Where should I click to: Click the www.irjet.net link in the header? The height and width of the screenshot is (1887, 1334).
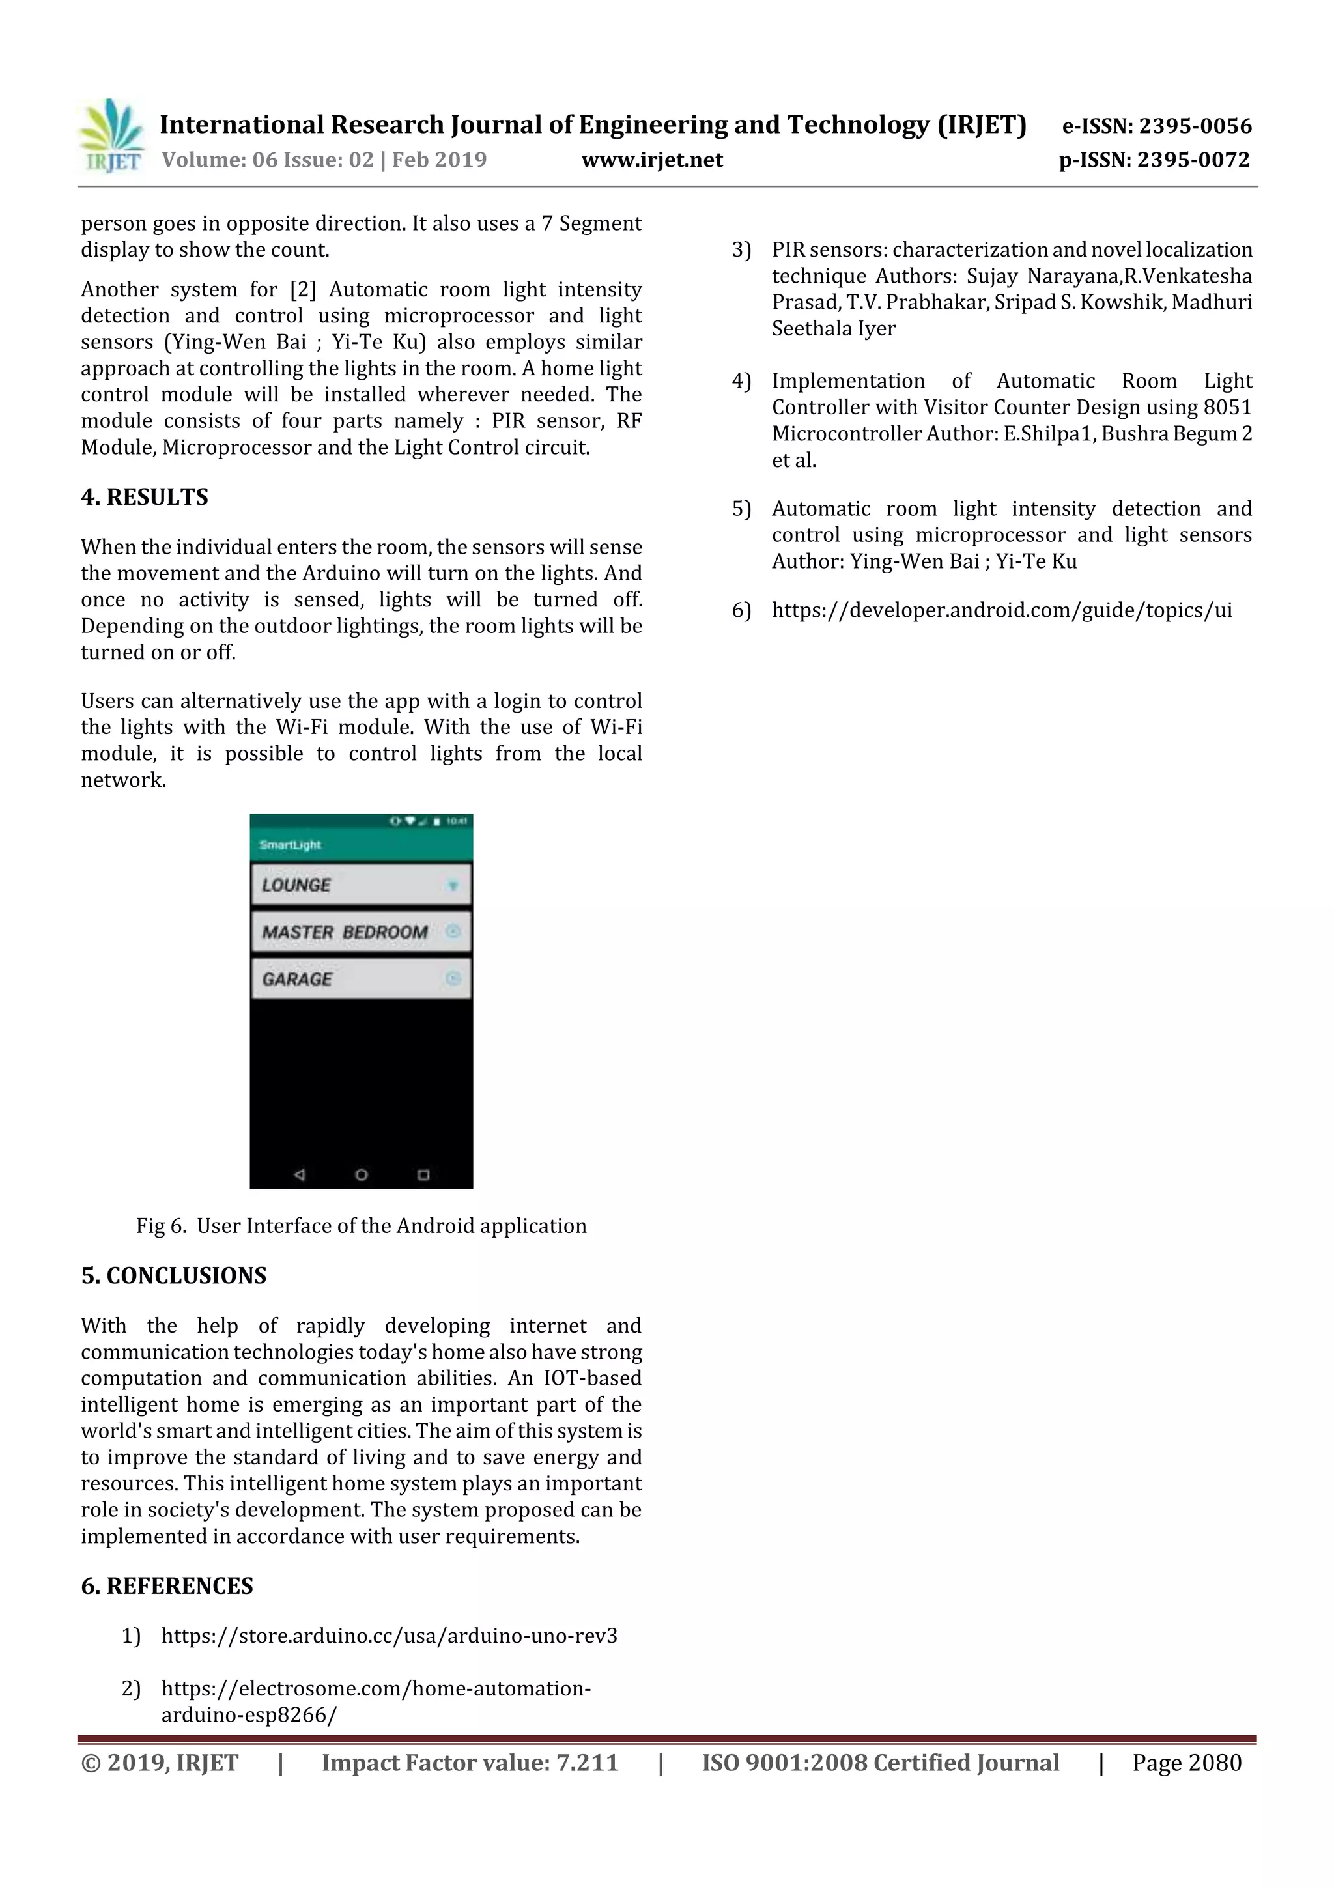click(x=652, y=160)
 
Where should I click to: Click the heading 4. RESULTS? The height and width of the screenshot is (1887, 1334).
click(x=145, y=496)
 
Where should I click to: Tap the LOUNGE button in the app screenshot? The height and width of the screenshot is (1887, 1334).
click(x=361, y=885)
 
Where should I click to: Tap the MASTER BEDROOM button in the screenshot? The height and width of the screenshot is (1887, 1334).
click(x=361, y=932)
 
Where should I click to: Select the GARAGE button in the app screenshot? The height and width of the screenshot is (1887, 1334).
click(x=361, y=979)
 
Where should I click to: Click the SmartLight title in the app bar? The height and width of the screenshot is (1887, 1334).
click(x=289, y=845)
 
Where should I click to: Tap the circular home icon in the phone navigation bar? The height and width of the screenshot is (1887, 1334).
click(x=361, y=1174)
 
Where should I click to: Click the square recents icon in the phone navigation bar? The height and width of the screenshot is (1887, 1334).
click(x=423, y=1174)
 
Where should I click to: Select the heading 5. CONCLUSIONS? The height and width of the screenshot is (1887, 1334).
click(x=173, y=1275)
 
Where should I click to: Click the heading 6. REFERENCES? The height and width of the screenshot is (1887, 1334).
click(x=167, y=1585)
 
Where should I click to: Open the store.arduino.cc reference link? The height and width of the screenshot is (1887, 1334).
click(x=389, y=1636)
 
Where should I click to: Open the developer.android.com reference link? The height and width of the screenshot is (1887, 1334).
click(x=1001, y=610)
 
